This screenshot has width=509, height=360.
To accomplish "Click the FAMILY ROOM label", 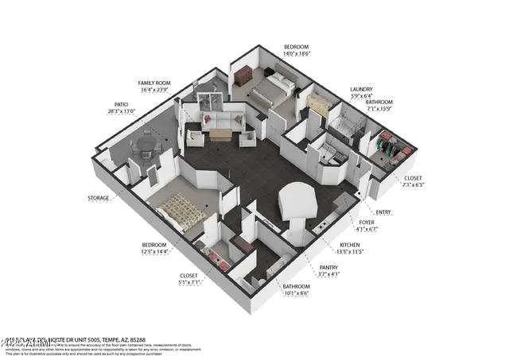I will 155,82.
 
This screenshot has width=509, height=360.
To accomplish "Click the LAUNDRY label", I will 362,90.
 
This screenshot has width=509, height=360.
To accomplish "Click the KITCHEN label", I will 352,245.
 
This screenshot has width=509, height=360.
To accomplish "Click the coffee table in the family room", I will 221,135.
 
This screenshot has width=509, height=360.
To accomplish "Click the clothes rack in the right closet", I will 390,147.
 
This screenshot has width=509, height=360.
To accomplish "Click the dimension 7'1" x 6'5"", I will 414,184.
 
